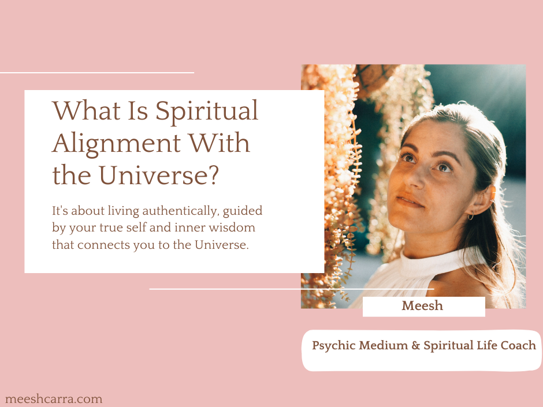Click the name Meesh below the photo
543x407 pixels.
[x=422, y=306]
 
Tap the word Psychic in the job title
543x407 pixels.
[x=333, y=346]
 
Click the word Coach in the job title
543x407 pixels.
[x=519, y=346]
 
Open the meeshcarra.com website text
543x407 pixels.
[x=53, y=399]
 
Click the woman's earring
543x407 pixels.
[x=470, y=216]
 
